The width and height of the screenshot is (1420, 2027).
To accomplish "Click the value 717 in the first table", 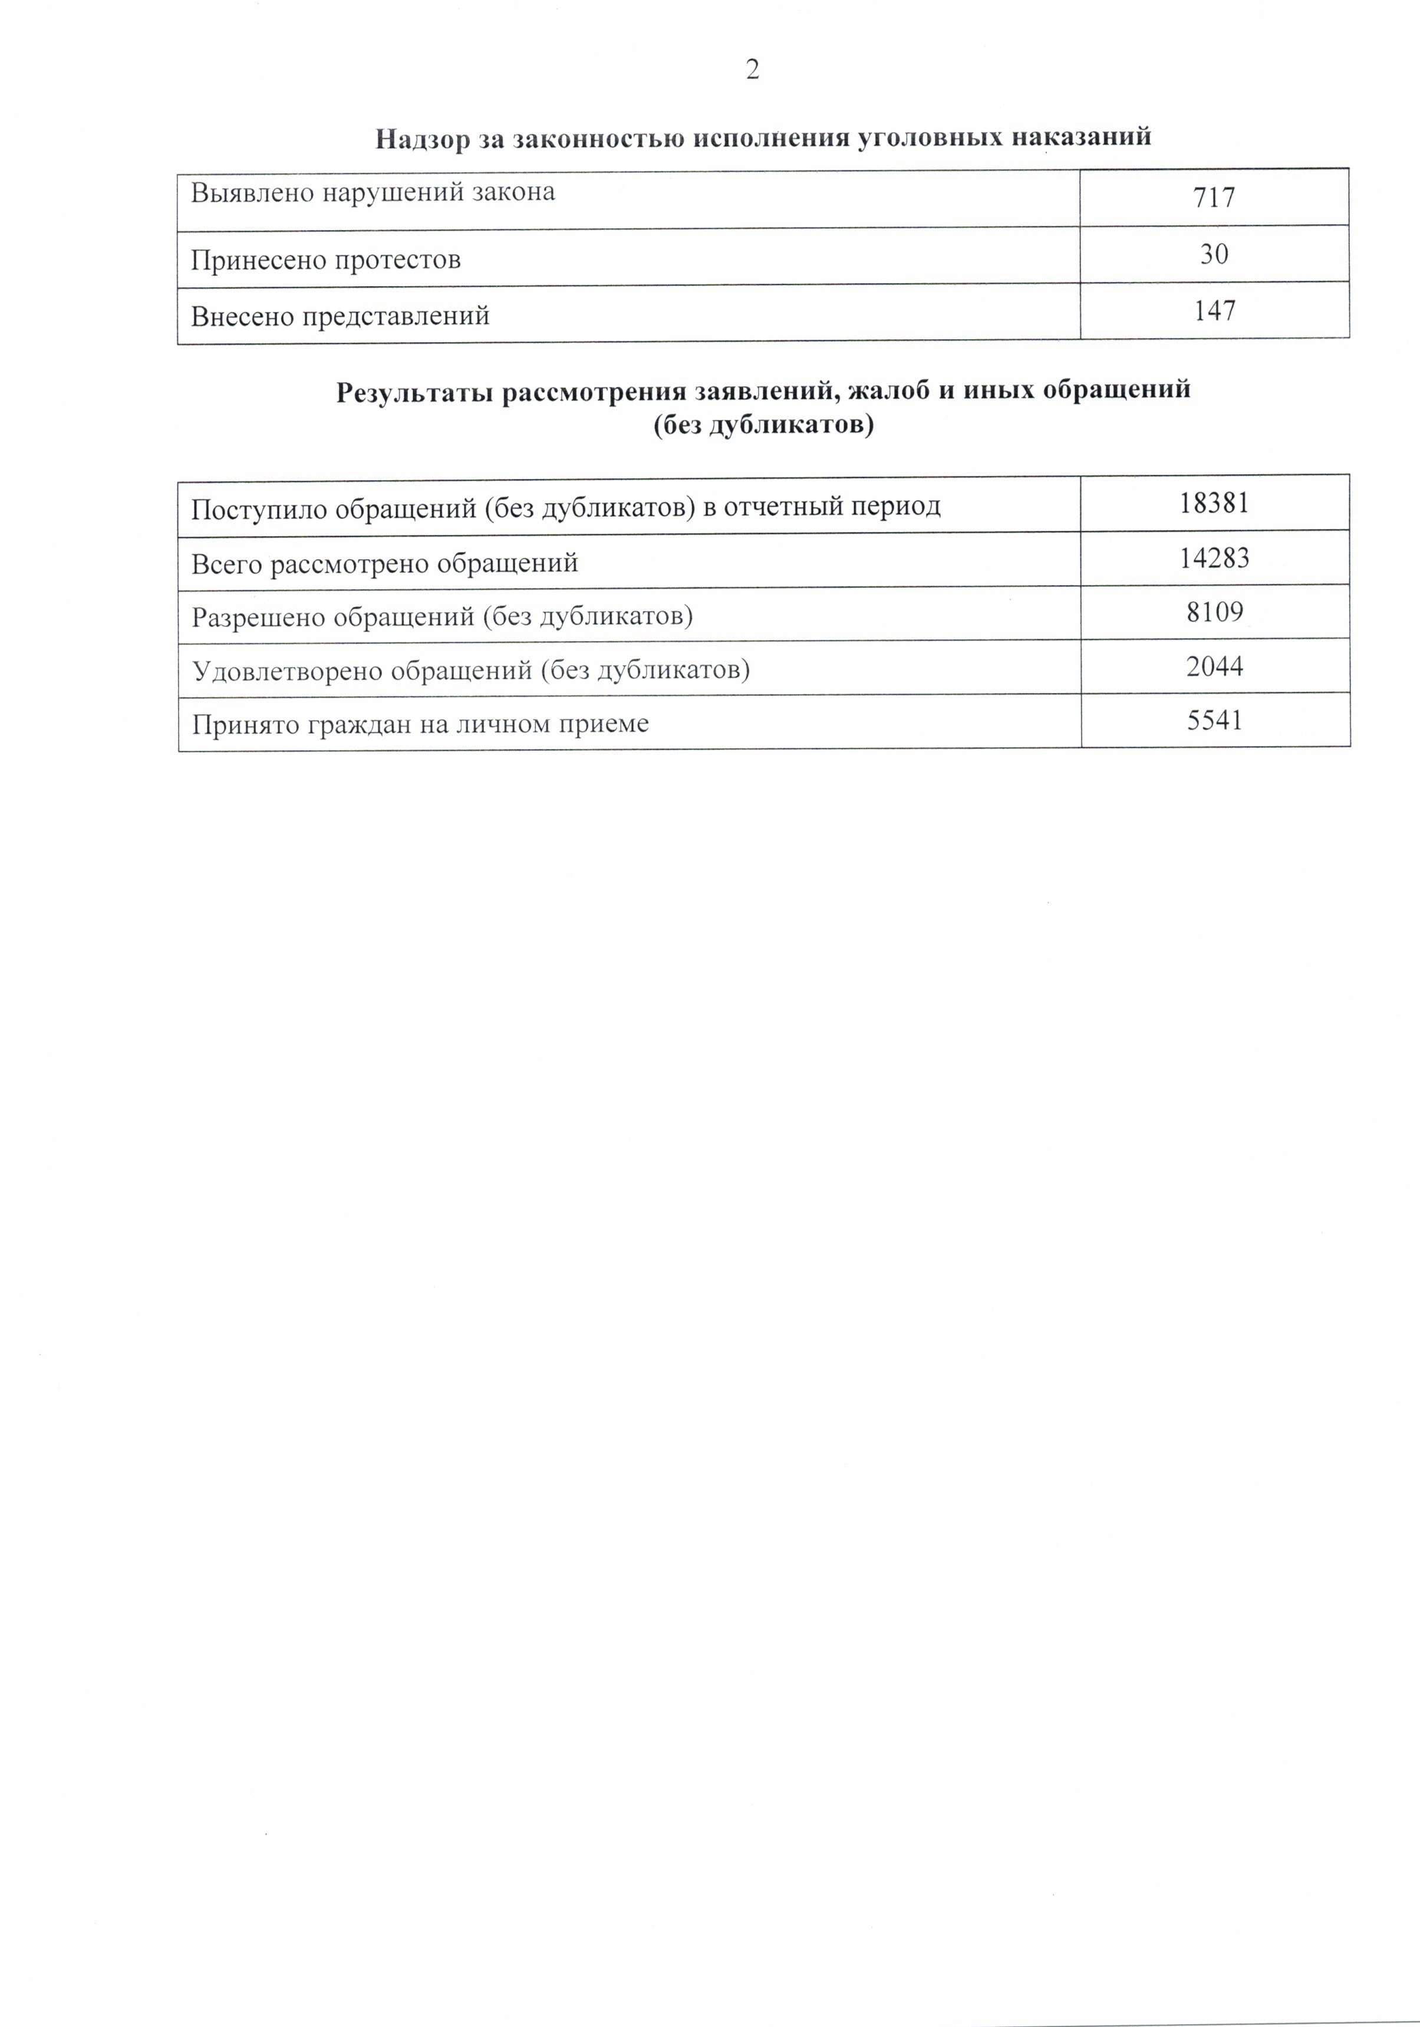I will [1214, 198].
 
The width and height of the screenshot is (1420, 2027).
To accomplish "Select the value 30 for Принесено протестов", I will [1214, 255].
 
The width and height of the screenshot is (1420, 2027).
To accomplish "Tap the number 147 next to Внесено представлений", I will [1214, 311].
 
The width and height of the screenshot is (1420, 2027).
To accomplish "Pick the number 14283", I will [1214, 558].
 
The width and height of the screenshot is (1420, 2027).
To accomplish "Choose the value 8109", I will [1214, 612].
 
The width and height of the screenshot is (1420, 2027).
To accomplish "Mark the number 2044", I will [1214, 666].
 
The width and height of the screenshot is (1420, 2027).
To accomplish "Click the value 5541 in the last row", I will [1214, 721].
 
